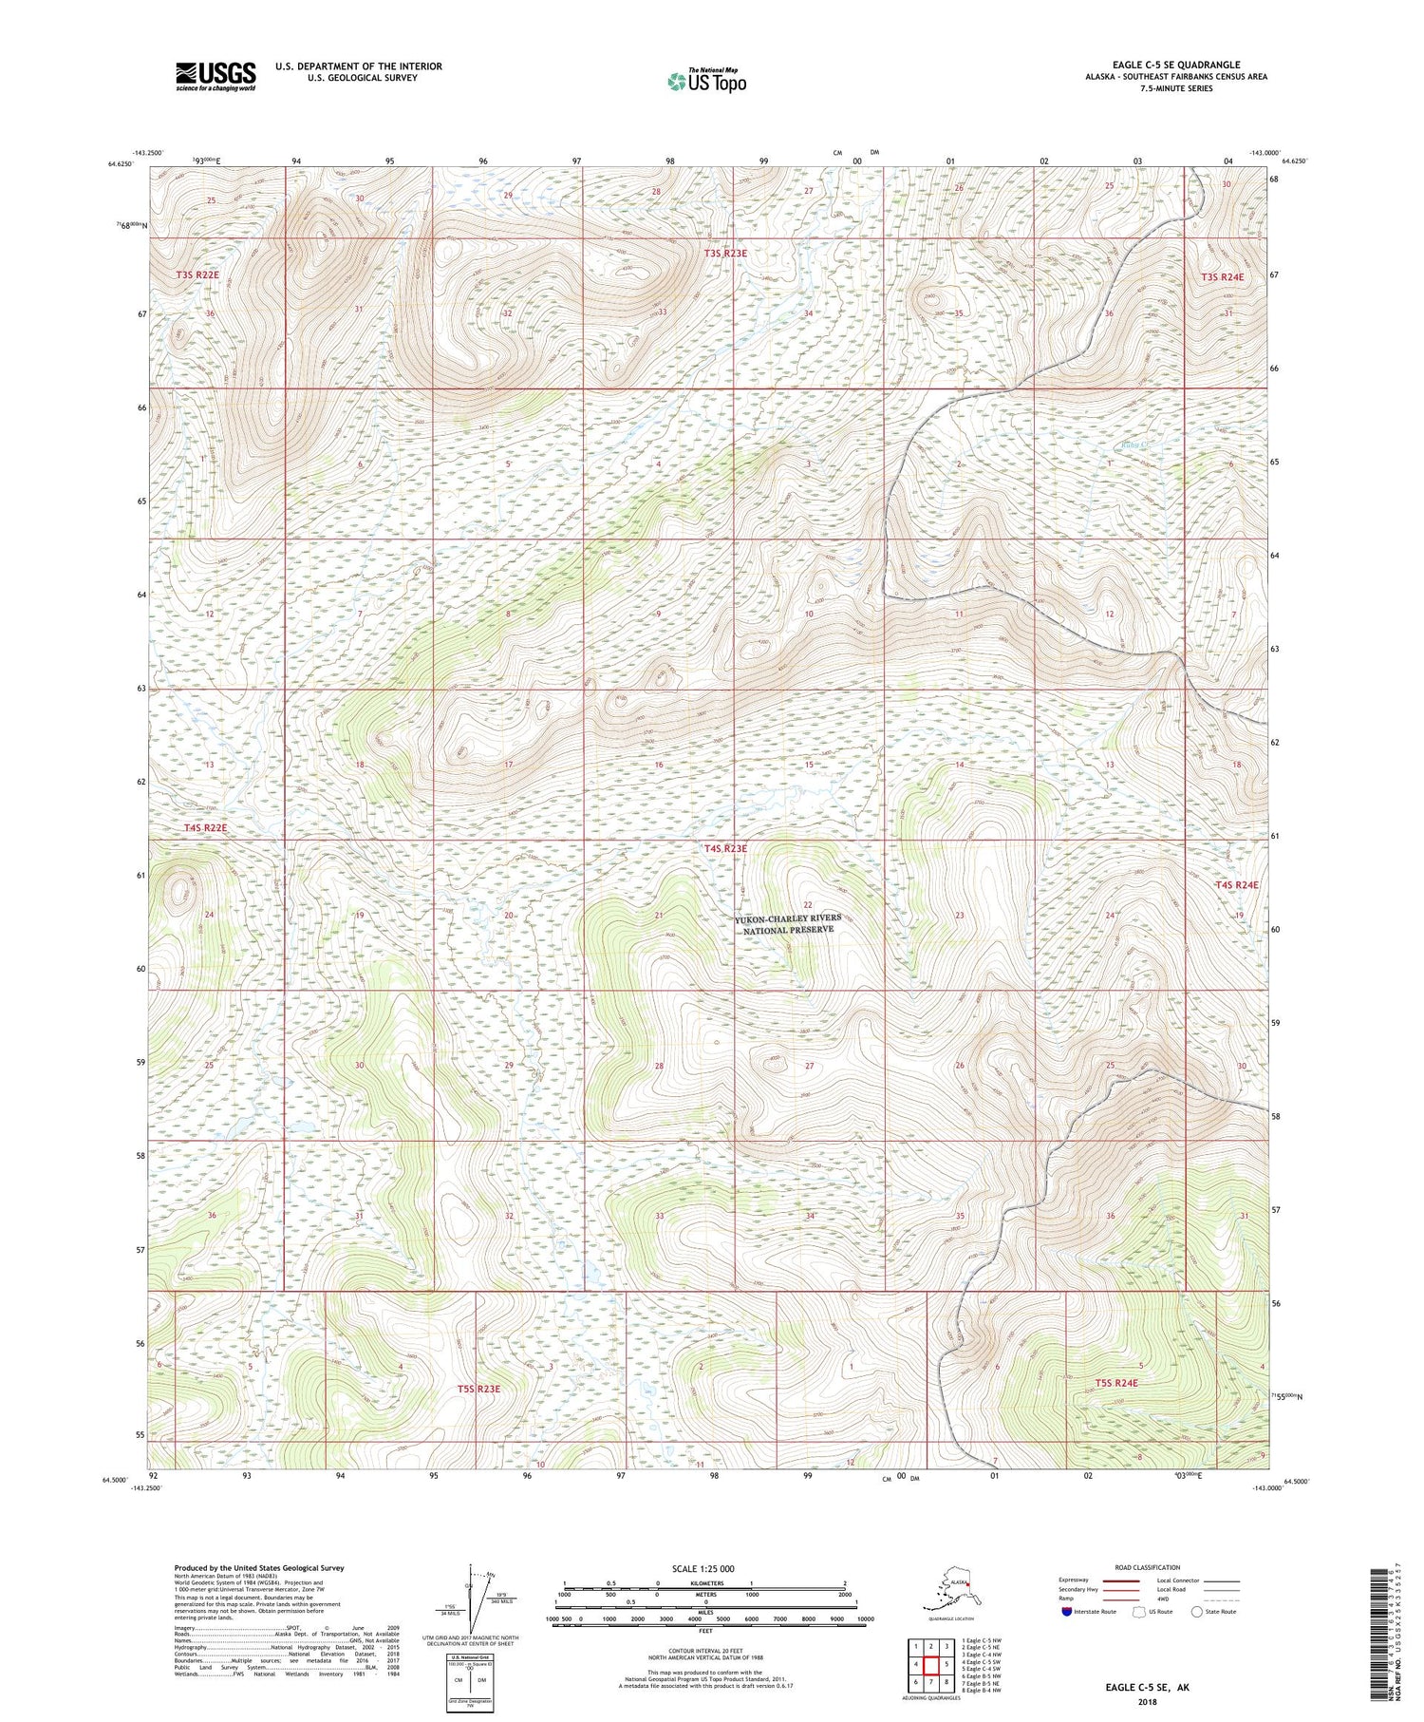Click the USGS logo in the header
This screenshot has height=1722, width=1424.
[215, 76]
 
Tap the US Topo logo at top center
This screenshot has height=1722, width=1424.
[706, 81]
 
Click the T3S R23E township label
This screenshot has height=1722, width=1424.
[725, 254]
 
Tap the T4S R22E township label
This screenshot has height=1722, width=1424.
[205, 828]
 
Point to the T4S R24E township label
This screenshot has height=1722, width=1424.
[1236, 884]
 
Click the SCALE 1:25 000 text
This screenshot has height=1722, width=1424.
[704, 1568]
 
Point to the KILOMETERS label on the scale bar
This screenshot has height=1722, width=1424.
[704, 1583]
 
